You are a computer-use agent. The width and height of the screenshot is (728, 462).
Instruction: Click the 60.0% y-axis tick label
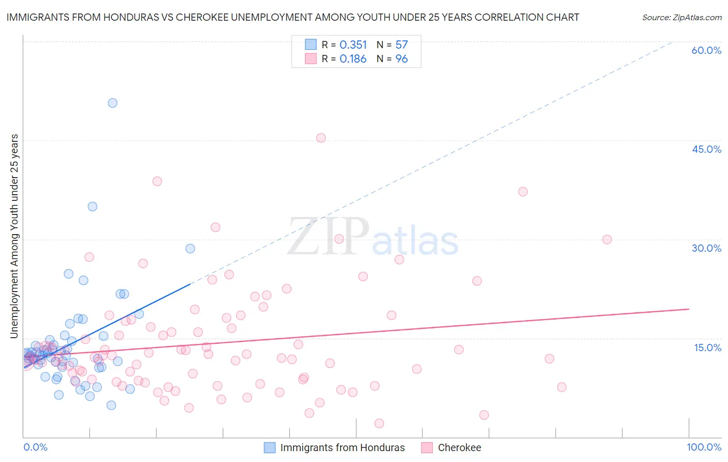(706, 50)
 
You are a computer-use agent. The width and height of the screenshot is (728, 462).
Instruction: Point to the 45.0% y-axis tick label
(706, 149)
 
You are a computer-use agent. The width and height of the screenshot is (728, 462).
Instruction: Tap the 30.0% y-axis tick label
(706, 248)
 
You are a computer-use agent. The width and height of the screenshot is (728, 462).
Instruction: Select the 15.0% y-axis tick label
(707, 348)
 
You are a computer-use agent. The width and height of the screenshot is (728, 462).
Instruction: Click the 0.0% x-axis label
(35, 447)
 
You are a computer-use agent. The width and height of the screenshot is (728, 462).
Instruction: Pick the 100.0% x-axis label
(704, 447)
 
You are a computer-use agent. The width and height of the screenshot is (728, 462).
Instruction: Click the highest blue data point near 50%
(112, 103)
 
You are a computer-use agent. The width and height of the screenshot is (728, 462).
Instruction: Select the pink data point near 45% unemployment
(321, 138)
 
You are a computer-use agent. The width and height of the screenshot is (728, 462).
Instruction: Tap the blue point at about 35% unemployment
(92, 207)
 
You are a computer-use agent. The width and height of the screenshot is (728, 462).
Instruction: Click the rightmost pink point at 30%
(607, 239)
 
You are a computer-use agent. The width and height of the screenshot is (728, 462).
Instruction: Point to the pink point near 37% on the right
(523, 192)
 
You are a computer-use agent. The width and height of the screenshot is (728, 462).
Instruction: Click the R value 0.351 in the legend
(353, 45)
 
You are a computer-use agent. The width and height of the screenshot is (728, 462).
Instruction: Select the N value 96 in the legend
(402, 59)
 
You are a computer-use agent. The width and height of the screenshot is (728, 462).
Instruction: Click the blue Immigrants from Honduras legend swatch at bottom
(270, 447)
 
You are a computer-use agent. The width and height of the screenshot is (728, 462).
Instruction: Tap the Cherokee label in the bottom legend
(459, 447)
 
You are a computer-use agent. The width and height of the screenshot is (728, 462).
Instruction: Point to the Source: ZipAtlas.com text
(681, 17)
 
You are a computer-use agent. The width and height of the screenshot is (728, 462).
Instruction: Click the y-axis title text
(14, 236)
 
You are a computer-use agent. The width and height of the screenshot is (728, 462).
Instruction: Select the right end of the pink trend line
(689, 309)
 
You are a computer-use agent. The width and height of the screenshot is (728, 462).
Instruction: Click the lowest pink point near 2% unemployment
(379, 423)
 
